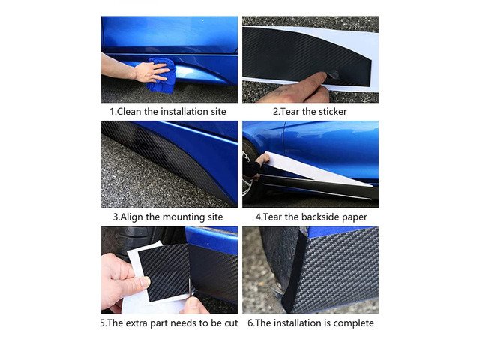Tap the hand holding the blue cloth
(151, 72)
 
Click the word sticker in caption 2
(333, 112)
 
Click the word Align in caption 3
(132, 217)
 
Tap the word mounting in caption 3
(182, 217)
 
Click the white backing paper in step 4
(318, 170)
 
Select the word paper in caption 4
(355, 217)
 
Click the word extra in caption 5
(136, 323)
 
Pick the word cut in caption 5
(230, 323)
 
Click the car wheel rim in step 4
(247, 178)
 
